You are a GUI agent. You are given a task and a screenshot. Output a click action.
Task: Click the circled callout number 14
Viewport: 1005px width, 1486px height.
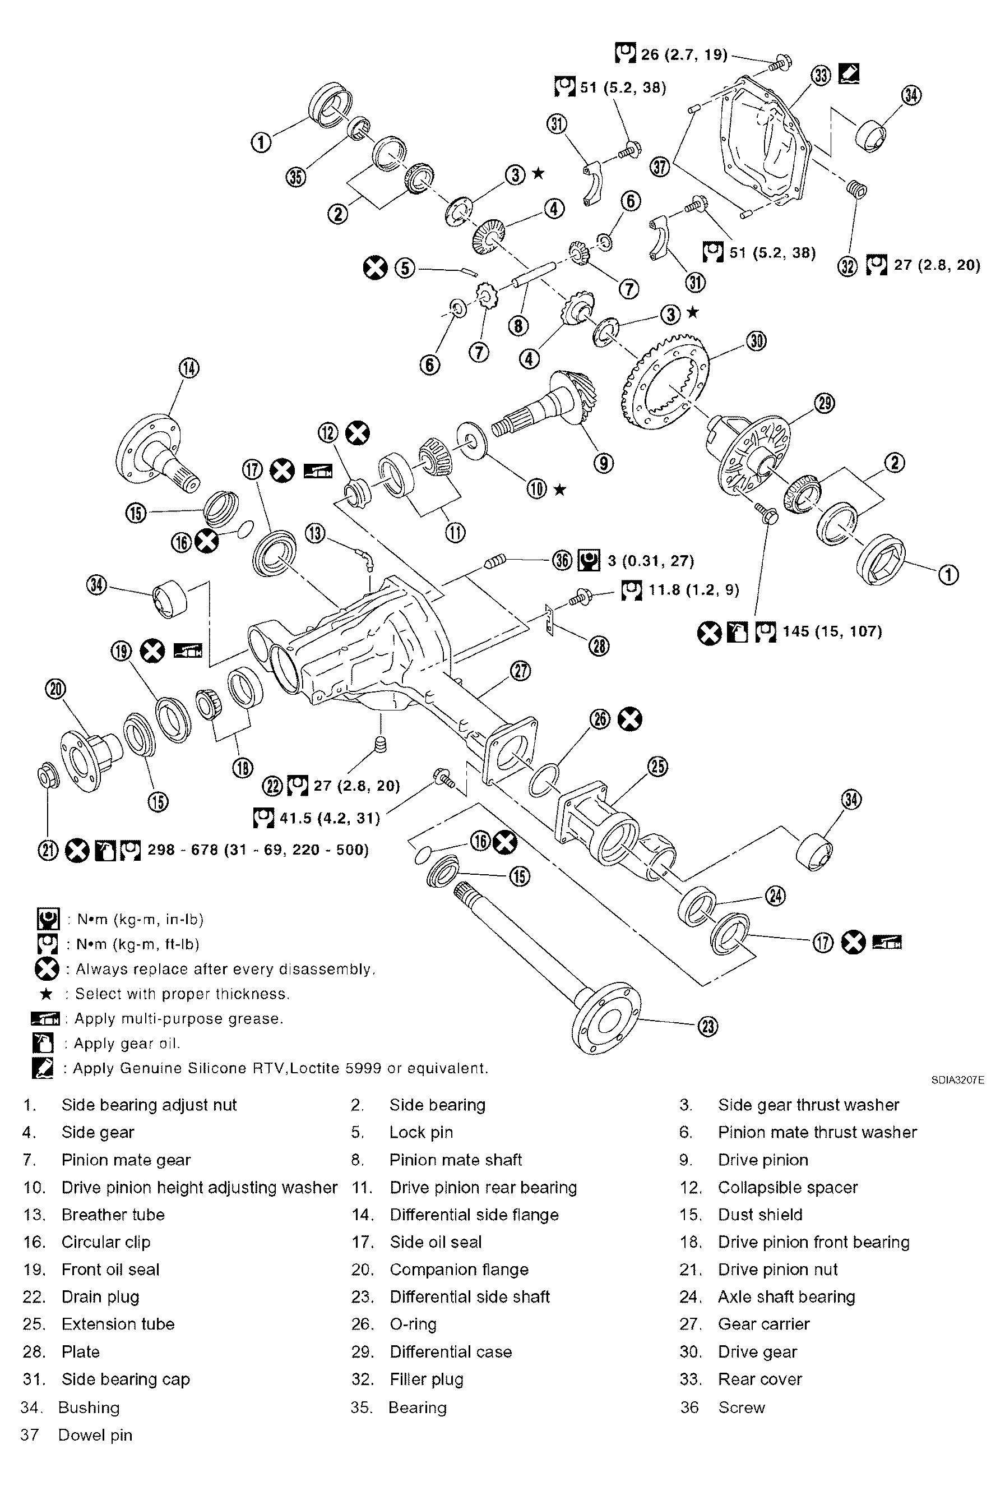click(188, 369)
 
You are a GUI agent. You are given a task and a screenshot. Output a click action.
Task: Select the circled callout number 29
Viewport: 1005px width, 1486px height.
click(824, 404)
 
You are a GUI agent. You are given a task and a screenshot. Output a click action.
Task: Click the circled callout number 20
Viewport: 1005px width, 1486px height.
click(55, 689)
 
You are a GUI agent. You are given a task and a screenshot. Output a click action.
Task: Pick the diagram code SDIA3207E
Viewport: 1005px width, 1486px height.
click(957, 1080)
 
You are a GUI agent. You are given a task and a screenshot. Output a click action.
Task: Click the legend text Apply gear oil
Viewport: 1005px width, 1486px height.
click(127, 1044)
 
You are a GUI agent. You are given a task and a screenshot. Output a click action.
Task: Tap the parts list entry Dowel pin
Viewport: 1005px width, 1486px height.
click(95, 1435)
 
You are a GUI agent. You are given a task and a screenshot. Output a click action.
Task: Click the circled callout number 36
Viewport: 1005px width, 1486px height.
click(562, 561)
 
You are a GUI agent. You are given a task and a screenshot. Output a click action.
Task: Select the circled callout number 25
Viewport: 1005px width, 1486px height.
click(658, 766)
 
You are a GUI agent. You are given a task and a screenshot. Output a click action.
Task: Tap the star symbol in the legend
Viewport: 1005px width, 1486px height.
click(46, 994)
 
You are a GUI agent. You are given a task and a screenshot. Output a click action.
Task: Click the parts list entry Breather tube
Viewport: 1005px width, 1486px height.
click(113, 1215)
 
